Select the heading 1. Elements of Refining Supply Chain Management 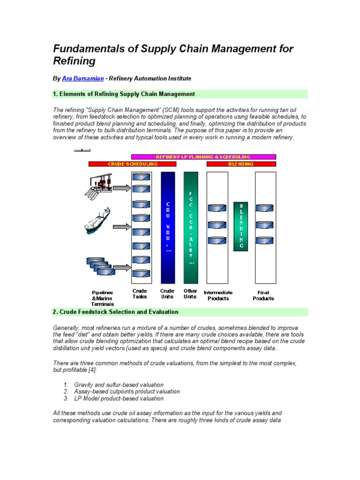pyautogui.click(x=124, y=94)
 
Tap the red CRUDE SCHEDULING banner pyautogui.click(x=133, y=164)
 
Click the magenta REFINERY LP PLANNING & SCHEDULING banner pyautogui.click(x=203, y=157)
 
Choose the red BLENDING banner pyautogui.click(x=241, y=164)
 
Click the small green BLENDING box pyautogui.click(x=241, y=226)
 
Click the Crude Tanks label pyautogui.click(x=140, y=293)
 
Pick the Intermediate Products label pyautogui.click(x=218, y=295)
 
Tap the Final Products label pyautogui.click(x=263, y=295)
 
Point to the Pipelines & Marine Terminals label pyautogui.click(x=102, y=298)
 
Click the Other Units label pyautogui.click(x=190, y=293)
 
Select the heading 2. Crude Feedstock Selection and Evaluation pyautogui.click(x=115, y=312)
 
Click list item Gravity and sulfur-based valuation pyautogui.click(x=119, y=384)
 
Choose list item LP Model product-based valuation pyautogui.click(x=119, y=398)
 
